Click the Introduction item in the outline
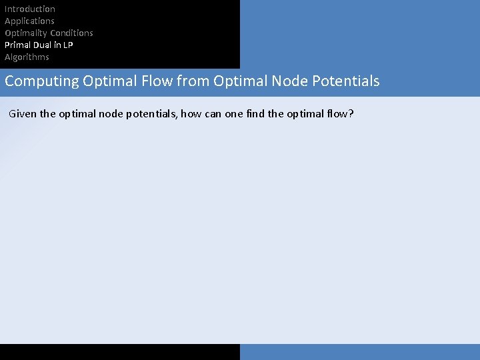point(30,9)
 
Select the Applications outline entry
point(29,21)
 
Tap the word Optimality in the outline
point(25,33)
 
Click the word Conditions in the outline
point(71,33)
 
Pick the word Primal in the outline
point(17,45)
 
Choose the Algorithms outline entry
point(27,57)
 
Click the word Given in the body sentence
point(23,114)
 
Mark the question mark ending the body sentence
point(351,114)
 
